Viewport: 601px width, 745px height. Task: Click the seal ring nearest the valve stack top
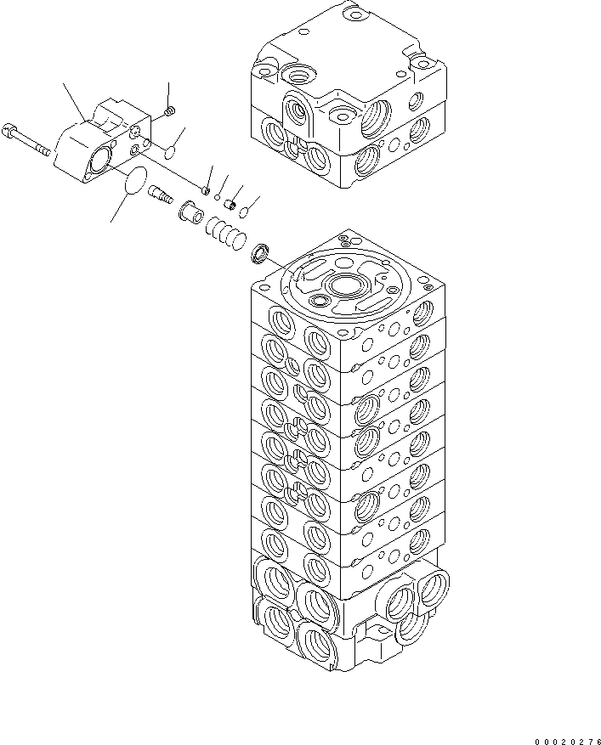[x=262, y=252]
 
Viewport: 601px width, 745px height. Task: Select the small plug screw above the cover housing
[x=167, y=112]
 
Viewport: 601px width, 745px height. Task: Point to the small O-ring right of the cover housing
[x=169, y=152]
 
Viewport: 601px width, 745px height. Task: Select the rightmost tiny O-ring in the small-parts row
[x=243, y=212]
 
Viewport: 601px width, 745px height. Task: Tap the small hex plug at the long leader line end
[x=206, y=189]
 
